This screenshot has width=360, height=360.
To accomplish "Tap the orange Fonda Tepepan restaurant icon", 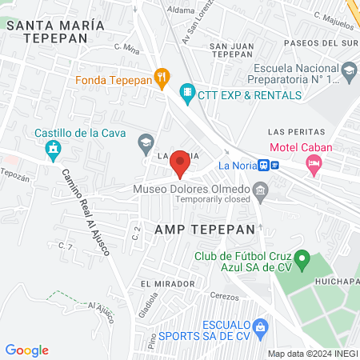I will click(x=162, y=78).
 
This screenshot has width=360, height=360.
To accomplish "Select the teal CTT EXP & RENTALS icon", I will click(x=187, y=94).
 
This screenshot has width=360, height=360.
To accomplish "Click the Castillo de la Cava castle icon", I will click(x=53, y=148).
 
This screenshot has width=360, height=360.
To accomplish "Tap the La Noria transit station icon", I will click(x=274, y=165).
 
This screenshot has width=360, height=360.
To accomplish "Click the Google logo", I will click(x=26, y=350).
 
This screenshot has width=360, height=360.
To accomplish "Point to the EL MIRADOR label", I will click(x=167, y=283).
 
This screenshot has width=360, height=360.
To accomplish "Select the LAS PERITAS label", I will click(x=296, y=130).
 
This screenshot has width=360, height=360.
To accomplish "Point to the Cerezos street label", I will click(x=224, y=297).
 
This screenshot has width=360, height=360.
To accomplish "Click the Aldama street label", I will click(x=181, y=11).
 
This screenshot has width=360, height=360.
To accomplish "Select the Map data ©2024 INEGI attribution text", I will click(x=312, y=354).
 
